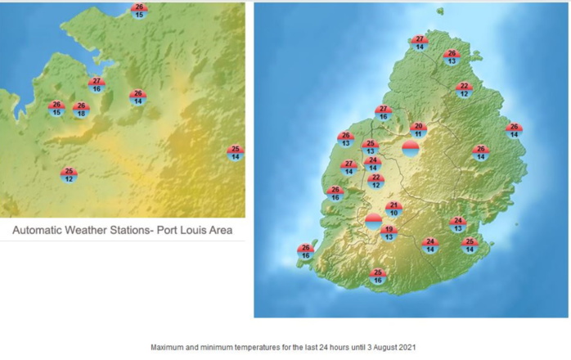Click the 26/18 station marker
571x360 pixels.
(80, 110)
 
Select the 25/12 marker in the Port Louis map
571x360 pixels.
(69, 175)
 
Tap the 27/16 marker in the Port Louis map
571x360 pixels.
(97, 84)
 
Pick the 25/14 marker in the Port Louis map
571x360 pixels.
(236, 153)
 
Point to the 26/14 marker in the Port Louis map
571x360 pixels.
(137, 97)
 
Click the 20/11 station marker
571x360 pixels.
(419, 129)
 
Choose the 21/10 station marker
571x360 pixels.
(393, 209)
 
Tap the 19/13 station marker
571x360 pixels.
(389, 233)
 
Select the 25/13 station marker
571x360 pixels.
(370, 147)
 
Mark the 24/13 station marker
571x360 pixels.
(458, 224)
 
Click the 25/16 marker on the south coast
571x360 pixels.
(378, 277)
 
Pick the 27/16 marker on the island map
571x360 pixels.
(383, 113)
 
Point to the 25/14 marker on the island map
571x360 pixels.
(470, 245)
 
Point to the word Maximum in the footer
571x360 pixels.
(169, 347)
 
